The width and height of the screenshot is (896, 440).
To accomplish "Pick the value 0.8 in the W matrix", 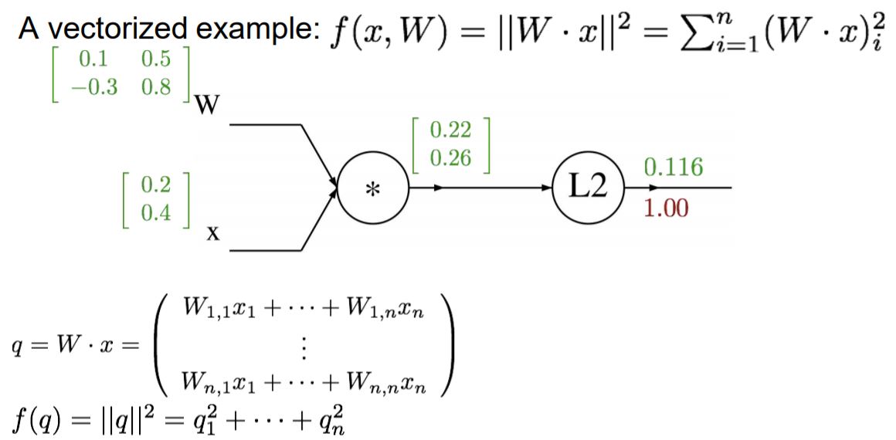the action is (158, 87).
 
